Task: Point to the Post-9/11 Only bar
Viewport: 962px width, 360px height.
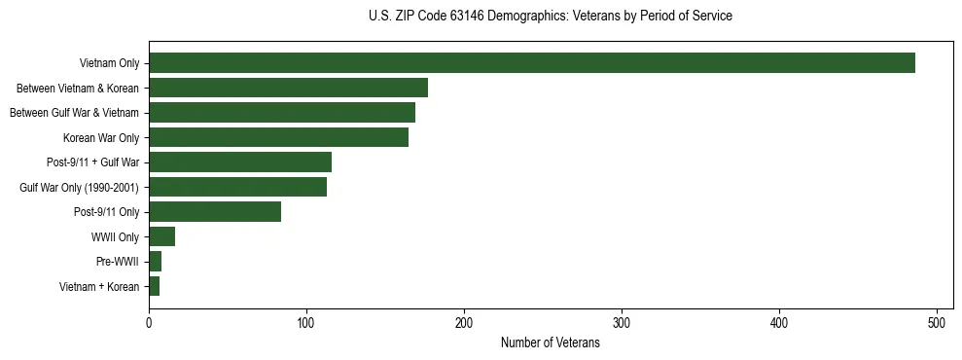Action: click(x=215, y=212)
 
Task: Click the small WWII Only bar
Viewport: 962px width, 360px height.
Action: click(x=161, y=236)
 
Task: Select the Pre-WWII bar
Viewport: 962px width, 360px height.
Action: click(x=156, y=262)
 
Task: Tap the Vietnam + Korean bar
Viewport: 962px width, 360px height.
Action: click(x=155, y=286)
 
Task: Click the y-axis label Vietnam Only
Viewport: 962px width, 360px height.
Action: click(x=109, y=63)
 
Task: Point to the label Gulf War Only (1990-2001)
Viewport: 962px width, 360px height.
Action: click(x=79, y=187)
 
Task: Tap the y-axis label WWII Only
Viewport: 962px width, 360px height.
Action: click(x=115, y=236)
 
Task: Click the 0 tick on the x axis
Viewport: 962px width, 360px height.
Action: click(x=149, y=320)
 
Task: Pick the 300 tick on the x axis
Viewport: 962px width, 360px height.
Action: click(x=622, y=320)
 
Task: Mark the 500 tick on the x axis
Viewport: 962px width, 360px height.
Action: click(x=937, y=320)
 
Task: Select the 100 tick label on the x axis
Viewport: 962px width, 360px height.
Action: click(x=306, y=320)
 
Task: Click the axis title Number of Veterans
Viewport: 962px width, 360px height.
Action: click(x=550, y=343)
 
